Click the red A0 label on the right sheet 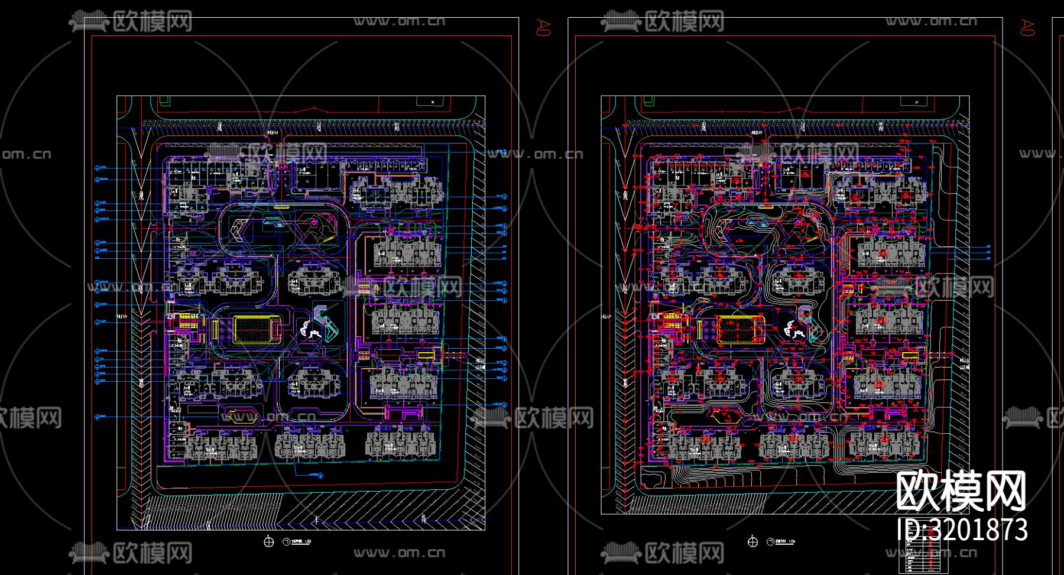click(x=1027, y=27)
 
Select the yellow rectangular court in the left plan click(x=257, y=329)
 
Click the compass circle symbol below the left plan click(x=269, y=541)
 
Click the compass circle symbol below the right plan click(x=752, y=541)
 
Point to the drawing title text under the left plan click(x=298, y=541)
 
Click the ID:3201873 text click(x=962, y=529)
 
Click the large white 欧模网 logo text click(x=961, y=490)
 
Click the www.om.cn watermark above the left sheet click(x=399, y=21)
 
